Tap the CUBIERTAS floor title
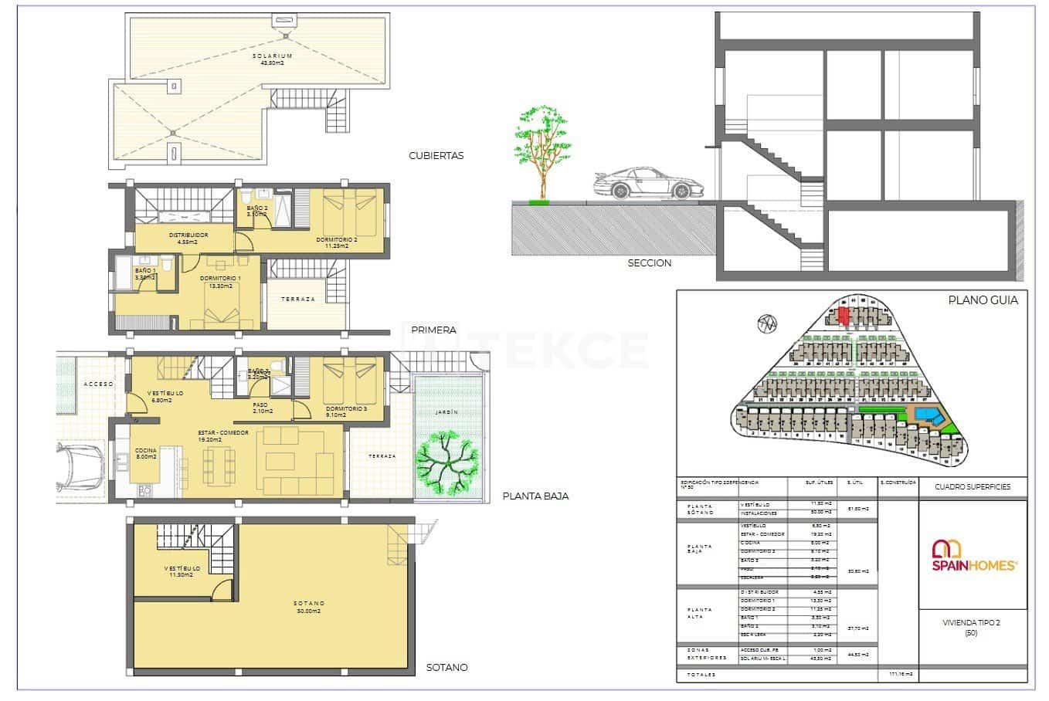click(x=436, y=155)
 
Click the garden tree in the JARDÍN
click(x=446, y=465)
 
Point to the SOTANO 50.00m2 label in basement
click(x=309, y=606)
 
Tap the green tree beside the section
click(x=544, y=147)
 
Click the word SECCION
click(x=649, y=262)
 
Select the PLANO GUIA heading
click(x=983, y=300)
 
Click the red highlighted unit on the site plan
click(x=844, y=315)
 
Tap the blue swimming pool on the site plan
click(x=928, y=415)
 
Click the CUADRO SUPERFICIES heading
click(x=972, y=487)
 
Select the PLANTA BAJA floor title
click(x=535, y=496)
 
